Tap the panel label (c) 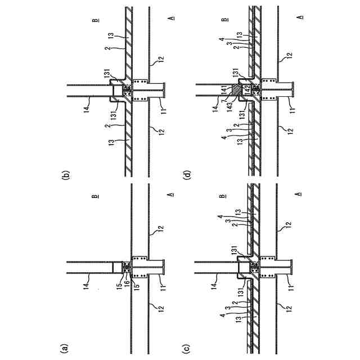pos(190,349)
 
